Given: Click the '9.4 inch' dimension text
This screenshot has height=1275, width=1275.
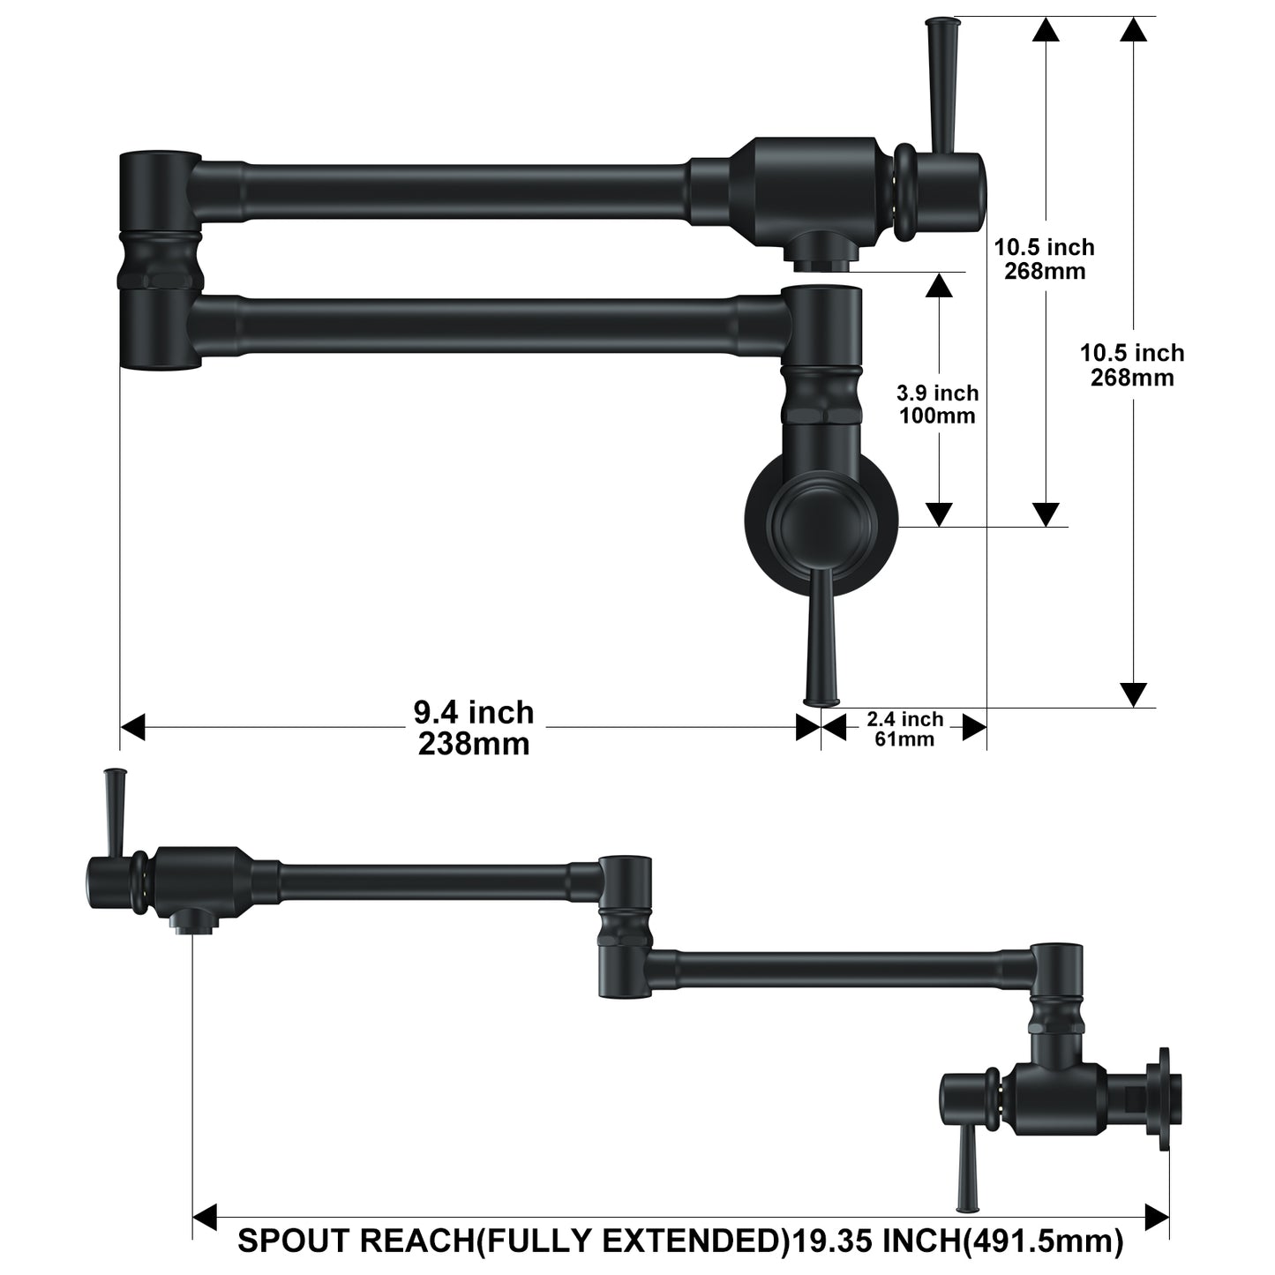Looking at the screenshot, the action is coord(474,713).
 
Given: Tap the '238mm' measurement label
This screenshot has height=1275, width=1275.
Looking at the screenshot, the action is coord(474,744).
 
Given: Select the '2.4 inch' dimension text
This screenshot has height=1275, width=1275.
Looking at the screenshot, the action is coord(904,718).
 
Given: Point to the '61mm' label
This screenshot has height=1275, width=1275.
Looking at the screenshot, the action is coord(904,739).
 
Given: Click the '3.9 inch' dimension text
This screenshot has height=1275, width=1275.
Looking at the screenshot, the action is coord(938,393).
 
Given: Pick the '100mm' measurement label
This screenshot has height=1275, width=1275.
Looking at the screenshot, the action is coord(938,416).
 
